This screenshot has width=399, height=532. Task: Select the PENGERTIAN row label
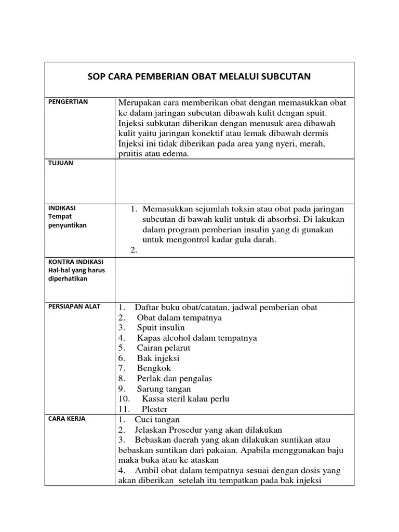click(68, 102)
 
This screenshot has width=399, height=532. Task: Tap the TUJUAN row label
click(60, 163)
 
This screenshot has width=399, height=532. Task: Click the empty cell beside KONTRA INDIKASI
click(234, 279)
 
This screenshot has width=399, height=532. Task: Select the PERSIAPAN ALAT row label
click(74, 307)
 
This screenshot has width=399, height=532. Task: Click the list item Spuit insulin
click(161, 328)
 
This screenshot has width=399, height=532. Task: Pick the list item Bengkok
click(154, 368)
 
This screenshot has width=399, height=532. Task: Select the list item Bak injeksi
click(158, 358)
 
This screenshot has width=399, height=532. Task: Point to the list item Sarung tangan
click(164, 389)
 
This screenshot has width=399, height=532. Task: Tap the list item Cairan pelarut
click(164, 348)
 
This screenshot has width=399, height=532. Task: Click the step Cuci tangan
click(157, 419)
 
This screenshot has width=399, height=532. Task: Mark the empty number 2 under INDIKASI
click(134, 250)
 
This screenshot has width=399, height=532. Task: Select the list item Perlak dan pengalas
click(174, 379)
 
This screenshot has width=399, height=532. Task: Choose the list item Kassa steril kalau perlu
click(185, 399)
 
